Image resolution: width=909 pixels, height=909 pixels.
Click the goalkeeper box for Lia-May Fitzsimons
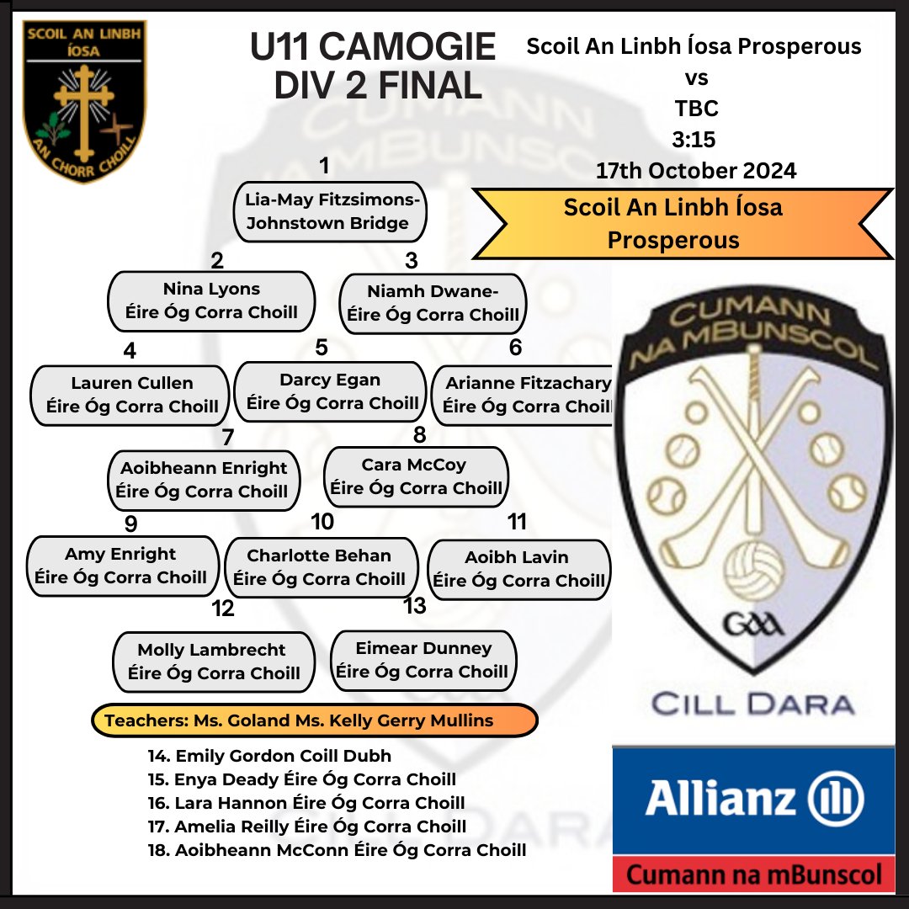(x=330, y=211)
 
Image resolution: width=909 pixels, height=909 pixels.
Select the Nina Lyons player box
(x=211, y=301)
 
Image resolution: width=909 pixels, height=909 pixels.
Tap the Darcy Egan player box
(x=330, y=392)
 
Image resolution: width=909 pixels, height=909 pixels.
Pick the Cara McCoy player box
(x=417, y=476)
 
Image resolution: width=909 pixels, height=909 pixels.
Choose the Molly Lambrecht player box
(x=213, y=662)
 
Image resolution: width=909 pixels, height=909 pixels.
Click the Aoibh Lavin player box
(x=518, y=569)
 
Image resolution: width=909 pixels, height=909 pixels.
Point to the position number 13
(x=415, y=606)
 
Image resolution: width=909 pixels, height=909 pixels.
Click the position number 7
(x=228, y=437)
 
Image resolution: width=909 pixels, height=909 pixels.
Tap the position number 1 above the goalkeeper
(x=325, y=166)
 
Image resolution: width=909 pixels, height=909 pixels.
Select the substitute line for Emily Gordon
(x=269, y=756)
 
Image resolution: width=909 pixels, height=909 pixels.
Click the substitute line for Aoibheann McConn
(x=337, y=850)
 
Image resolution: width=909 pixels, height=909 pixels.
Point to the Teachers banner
(x=315, y=720)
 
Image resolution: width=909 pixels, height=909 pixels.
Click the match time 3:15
(x=694, y=139)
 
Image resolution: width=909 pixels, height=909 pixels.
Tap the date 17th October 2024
(x=696, y=170)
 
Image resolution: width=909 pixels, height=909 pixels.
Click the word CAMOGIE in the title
(x=407, y=46)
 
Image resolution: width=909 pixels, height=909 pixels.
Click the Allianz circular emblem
(x=836, y=798)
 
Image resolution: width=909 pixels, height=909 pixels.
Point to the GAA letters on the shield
(x=753, y=625)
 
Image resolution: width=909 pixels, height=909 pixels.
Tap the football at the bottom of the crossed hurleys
(x=753, y=571)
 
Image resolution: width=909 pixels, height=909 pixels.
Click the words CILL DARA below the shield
(x=753, y=704)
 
